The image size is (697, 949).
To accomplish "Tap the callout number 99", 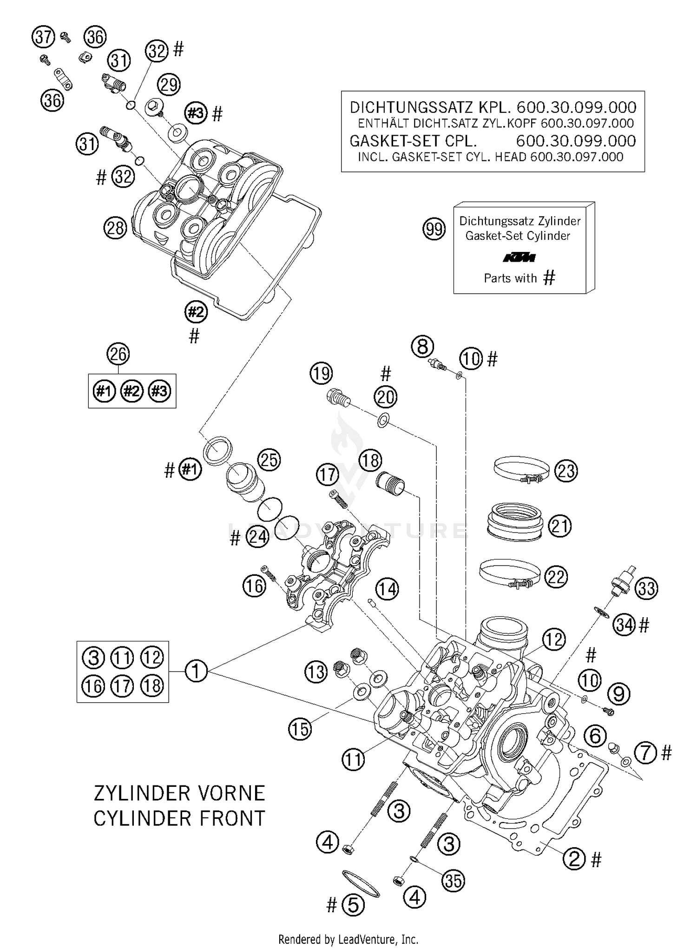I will coord(434,229).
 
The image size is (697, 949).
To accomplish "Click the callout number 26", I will coord(118,354).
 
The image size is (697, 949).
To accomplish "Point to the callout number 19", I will coord(321,373).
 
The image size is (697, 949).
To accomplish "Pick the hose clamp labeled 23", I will coord(520,470).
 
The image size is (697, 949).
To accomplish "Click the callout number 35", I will coord(453,881).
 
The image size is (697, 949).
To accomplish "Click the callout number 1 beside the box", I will coord(196,671).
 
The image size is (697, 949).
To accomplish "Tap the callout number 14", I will coord(387,589).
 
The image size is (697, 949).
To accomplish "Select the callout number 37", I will coord(43,37).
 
